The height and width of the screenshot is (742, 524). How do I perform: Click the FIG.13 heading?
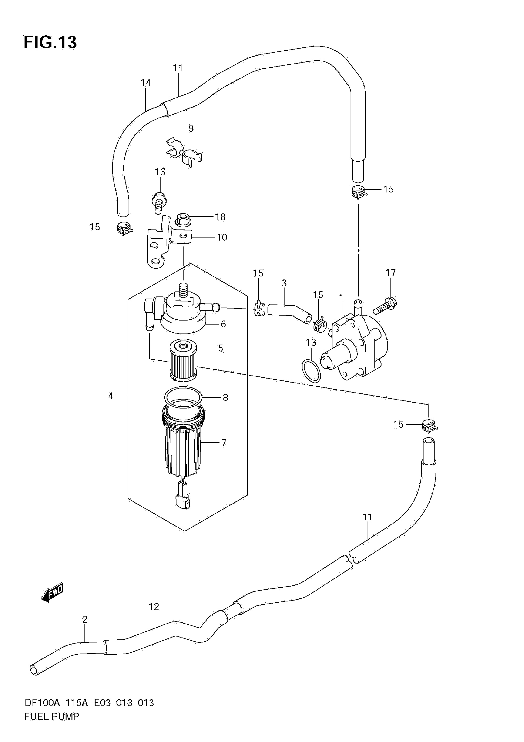click(50, 42)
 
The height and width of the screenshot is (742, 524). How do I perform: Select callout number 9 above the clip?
click(191, 129)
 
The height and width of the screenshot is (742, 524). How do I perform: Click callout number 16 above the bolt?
click(160, 172)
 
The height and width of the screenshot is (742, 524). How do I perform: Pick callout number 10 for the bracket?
click(222, 238)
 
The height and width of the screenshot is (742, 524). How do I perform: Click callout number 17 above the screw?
click(390, 273)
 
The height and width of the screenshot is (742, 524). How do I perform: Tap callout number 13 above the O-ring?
click(311, 342)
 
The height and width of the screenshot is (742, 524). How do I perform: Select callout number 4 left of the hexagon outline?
click(111, 396)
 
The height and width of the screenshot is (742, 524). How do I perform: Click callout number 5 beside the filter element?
click(220, 348)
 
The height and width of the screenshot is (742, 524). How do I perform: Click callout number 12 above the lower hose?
click(154, 607)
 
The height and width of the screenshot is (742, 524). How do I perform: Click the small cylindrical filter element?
click(183, 359)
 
